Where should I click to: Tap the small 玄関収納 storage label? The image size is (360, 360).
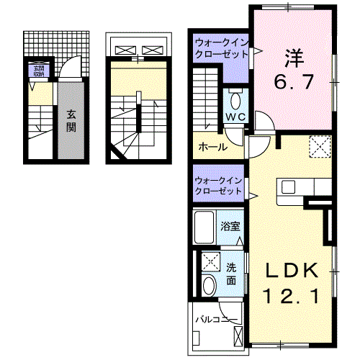pos(36,71)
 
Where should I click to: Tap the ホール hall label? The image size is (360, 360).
pos(212,147)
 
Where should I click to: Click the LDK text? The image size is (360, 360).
pos(292,271)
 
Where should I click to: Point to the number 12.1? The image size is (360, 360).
pos(291,294)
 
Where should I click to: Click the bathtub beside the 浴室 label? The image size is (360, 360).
pos(205,228)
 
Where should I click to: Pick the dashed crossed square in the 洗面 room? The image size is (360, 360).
pos(210,261)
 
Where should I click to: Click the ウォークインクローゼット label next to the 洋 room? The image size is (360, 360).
pos(220,50)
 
